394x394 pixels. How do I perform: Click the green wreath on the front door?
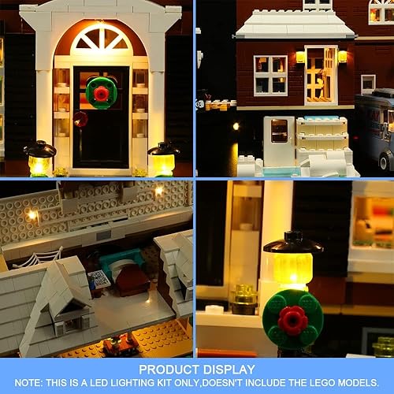[101, 92]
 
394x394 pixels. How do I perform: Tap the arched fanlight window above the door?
[102, 40]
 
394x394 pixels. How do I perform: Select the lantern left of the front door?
[39, 158]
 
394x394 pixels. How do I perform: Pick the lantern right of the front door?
[162, 158]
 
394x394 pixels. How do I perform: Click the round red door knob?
[80, 119]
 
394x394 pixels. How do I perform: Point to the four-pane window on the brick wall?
[270, 75]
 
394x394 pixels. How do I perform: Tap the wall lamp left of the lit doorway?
[300, 57]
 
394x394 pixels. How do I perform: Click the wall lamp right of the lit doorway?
[342, 57]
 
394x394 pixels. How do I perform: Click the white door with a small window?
[278, 140]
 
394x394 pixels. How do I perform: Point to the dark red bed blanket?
[132, 281]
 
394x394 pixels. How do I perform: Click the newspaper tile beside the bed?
[98, 278]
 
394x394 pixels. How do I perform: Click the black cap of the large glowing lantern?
[293, 241]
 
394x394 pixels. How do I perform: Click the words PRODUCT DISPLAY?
[196, 369]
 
